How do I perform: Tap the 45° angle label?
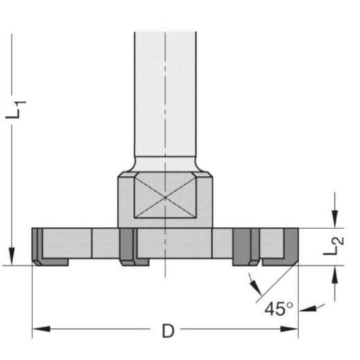(x=279, y=309)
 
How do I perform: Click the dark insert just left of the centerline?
(x=126, y=246)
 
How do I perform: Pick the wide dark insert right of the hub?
(x=242, y=246)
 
